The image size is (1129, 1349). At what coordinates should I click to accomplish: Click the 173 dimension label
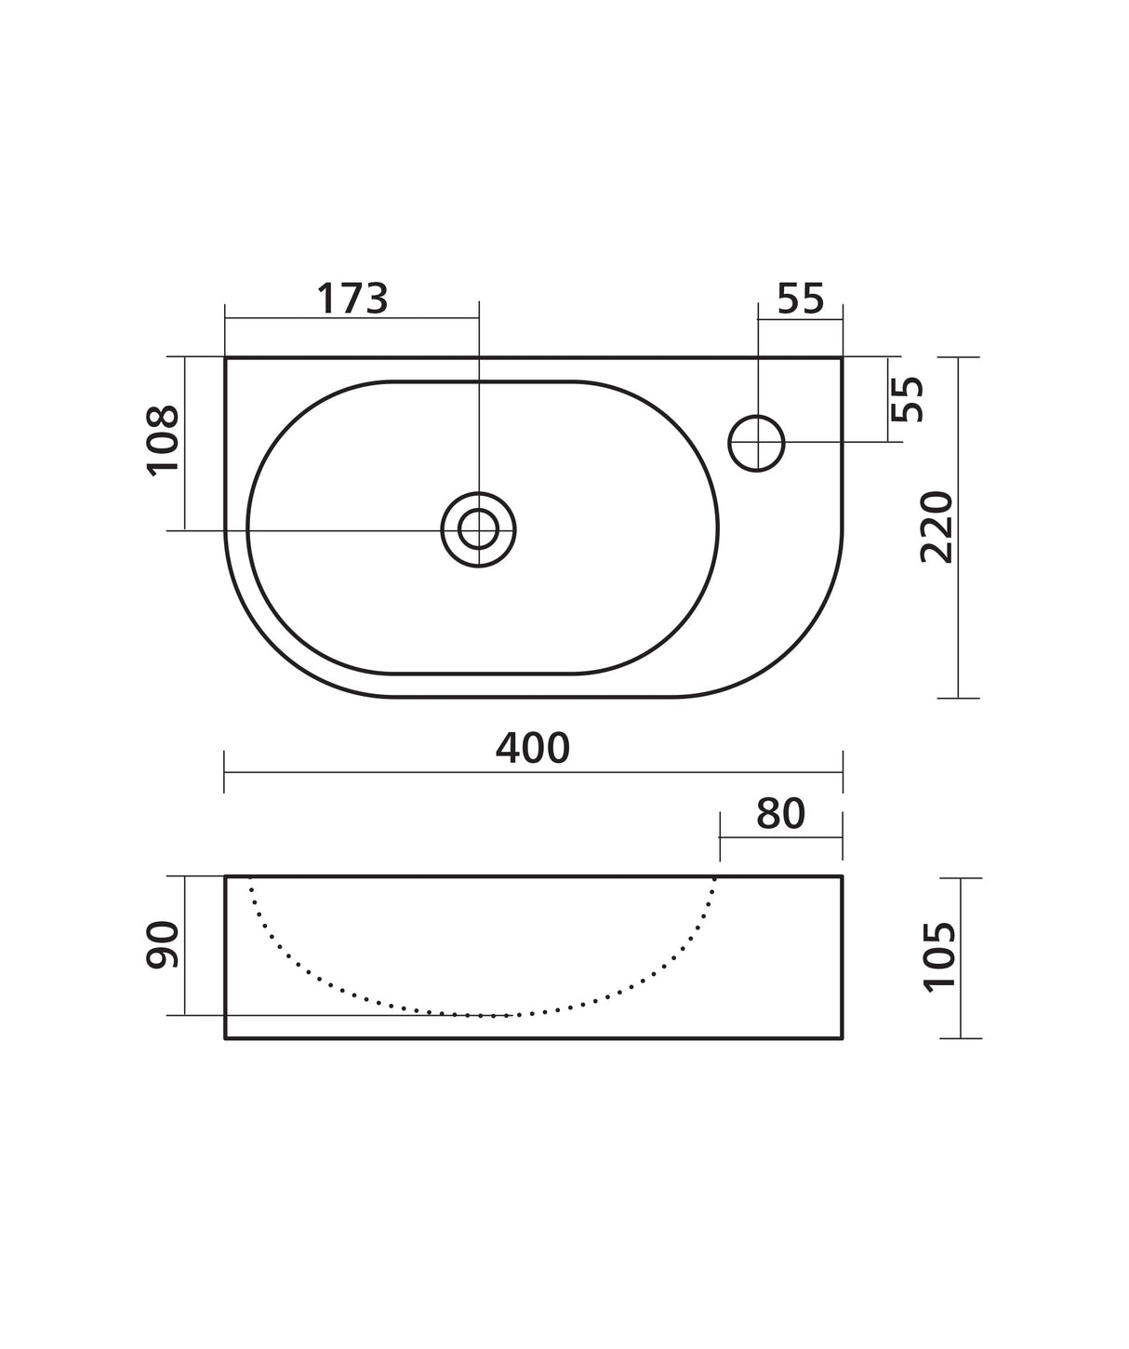(352, 299)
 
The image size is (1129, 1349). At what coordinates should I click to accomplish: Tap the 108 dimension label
(163, 441)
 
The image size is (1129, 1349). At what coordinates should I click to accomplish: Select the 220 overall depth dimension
(936, 527)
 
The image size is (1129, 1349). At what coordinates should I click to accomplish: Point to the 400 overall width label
(533, 747)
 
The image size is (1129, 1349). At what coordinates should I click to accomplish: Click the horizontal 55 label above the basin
(801, 299)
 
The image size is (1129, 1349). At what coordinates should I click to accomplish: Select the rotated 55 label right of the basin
(908, 399)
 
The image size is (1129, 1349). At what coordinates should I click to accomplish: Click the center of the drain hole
(479, 529)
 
